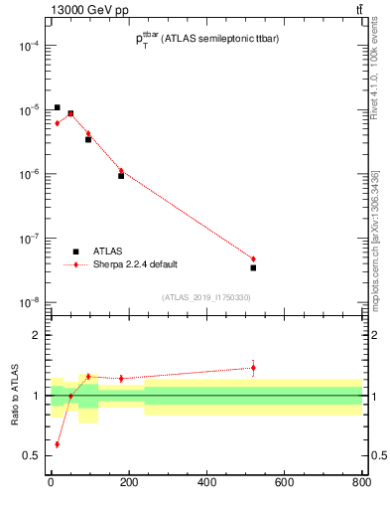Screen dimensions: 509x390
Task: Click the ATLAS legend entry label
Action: coord(109,252)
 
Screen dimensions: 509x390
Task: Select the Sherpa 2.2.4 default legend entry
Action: coord(135,264)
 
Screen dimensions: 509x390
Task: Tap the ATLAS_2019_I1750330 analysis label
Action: coord(205,297)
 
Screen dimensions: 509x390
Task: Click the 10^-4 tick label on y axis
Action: coord(28,46)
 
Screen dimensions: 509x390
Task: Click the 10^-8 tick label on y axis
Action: coord(28,302)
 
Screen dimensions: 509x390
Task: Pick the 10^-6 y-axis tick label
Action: coord(28,174)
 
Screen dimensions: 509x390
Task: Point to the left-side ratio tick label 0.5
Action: coord(32,455)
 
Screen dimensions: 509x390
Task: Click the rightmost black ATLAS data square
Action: coord(253,267)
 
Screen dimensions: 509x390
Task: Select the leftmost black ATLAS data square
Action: coord(57,107)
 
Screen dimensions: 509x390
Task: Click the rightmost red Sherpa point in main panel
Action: coord(253,259)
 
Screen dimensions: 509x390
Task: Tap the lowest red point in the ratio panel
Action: coord(57,444)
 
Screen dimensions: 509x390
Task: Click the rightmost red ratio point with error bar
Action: coord(253,368)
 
